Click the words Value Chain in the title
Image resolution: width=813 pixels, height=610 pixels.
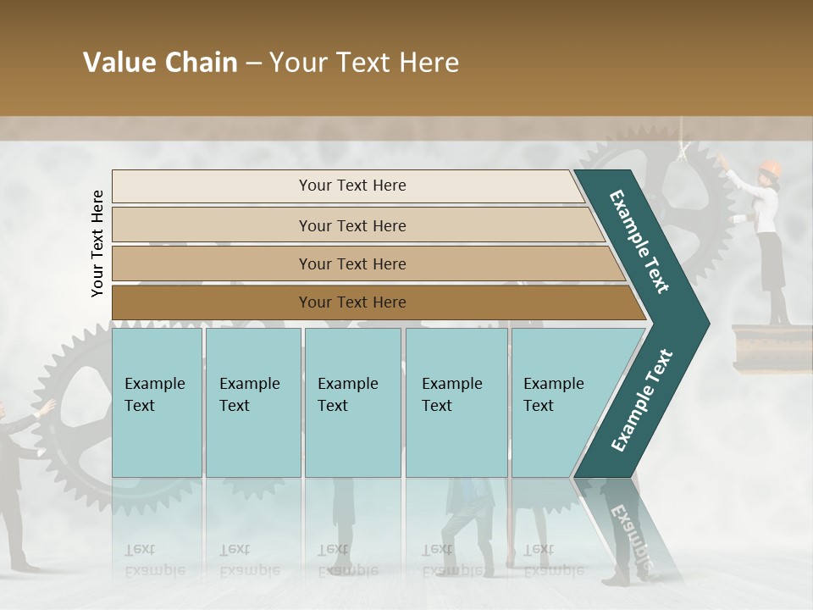[x=160, y=63]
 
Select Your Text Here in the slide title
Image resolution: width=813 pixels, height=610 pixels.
[x=364, y=63]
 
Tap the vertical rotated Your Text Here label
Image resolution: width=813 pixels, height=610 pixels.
[x=97, y=243]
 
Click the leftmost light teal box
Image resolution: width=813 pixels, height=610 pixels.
[x=157, y=402]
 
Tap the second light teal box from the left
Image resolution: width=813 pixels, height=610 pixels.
[x=252, y=402]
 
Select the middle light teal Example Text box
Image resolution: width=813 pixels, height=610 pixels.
[x=352, y=402]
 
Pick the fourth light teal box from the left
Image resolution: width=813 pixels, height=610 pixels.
[x=456, y=402]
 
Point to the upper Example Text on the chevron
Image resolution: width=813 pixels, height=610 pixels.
[x=640, y=241]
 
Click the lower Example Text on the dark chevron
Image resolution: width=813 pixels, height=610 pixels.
[x=642, y=400]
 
